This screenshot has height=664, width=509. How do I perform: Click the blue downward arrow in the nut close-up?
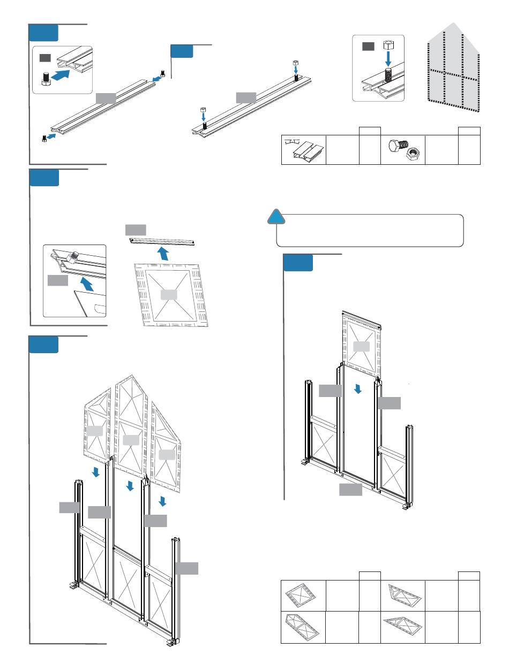pyautogui.click(x=390, y=60)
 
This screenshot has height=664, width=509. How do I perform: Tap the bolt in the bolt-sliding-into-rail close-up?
pyautogui.click(x=46, y=79)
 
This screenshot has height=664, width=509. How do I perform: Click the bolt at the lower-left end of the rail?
pyautogui.click(x=44, y=138)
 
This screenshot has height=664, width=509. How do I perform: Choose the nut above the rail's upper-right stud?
pyautogui.click(x=296, y=64)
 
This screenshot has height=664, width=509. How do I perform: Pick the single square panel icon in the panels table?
pyautogui.click(x=303, y=594)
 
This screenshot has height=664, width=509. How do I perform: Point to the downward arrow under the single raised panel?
pyautogui.click(x=358, y=389)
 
